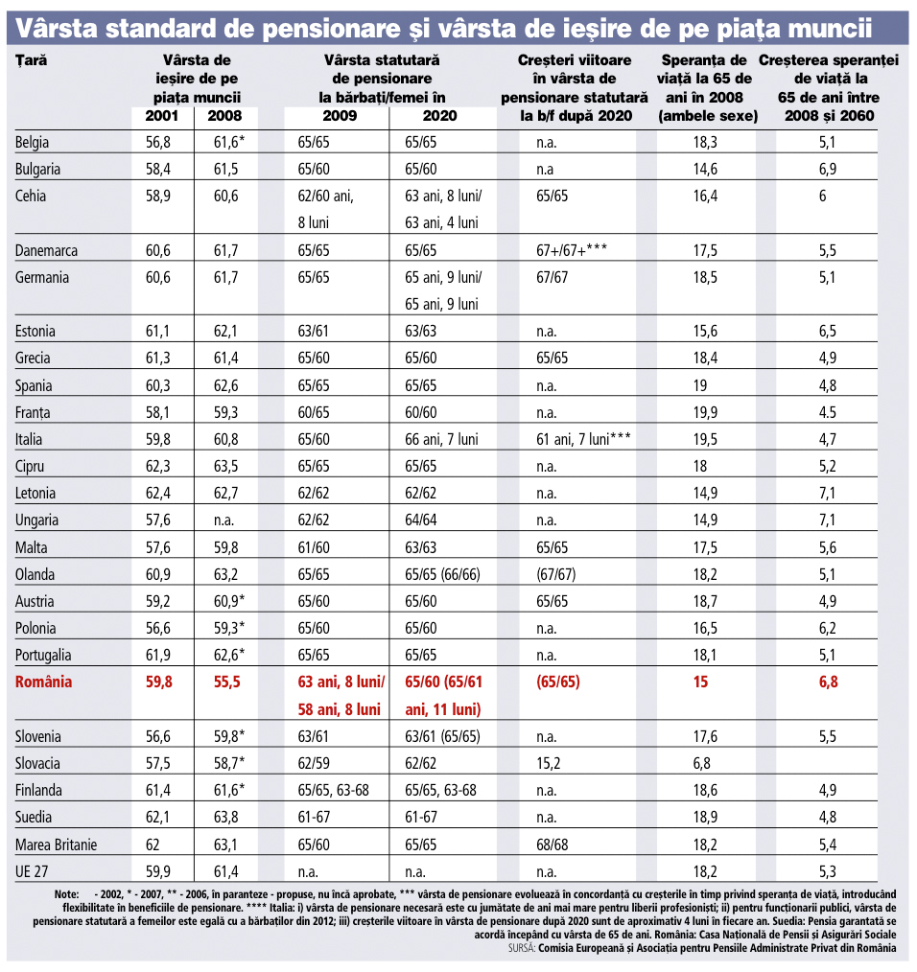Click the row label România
click(x=44, y=683)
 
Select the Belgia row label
click(x=33, y=142)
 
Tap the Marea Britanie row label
click(x=57, y=845)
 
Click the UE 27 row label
click(x=31, y=871)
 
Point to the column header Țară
click(x=32, y=60)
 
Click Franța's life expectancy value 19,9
click(x=707, y=413)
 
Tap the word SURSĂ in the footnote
click(x=526, y=948)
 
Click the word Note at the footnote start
click(x=66, y=894)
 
